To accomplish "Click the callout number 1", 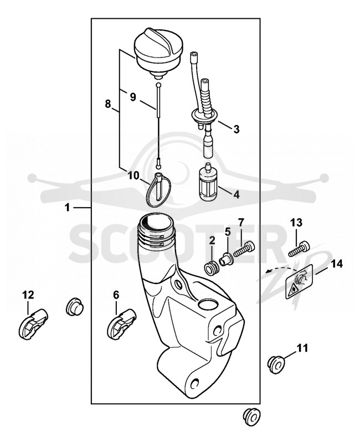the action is click(67, 208).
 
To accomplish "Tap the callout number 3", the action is click(236, 129).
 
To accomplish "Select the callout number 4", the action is click(236, 194).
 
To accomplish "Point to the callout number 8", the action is click(107, 104).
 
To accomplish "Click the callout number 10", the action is click(133, 176).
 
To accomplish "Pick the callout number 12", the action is click(28, 295).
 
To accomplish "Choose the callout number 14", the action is click(337, 264).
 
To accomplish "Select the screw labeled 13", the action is click(299, 249).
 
